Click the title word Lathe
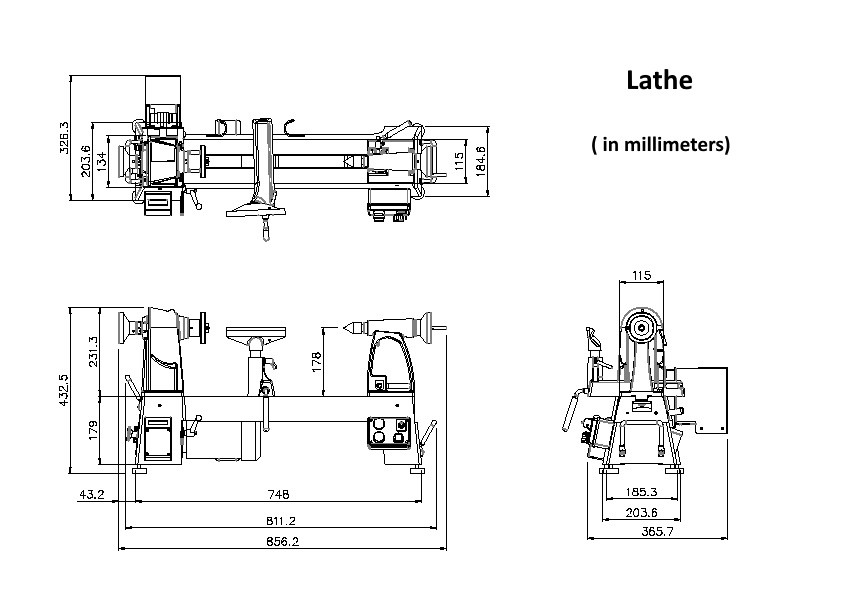pos(659,80)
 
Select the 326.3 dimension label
pos(64,138)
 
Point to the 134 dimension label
pos(101,161)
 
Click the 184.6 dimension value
pos(481,161)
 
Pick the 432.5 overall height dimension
pos(64,390)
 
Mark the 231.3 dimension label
pos(93,352)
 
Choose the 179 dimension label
pos(93,431)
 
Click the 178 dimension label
pos(316,362)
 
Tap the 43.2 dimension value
pos(91,494)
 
